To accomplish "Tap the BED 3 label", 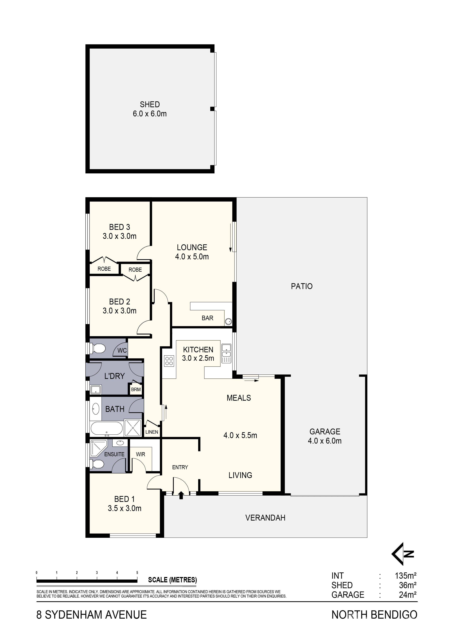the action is pos(119,227).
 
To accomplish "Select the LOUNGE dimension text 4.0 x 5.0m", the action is pos(192,257).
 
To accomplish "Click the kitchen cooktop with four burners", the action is pos(169,361).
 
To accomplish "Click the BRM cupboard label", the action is pos(136,390).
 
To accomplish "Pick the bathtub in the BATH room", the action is pos(107,429).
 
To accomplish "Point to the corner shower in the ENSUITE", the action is pos(98,448).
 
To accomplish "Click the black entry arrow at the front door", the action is pos(181,495).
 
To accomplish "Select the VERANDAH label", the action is pos(265,518).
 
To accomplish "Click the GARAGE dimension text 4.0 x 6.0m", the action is pos(325,441).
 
